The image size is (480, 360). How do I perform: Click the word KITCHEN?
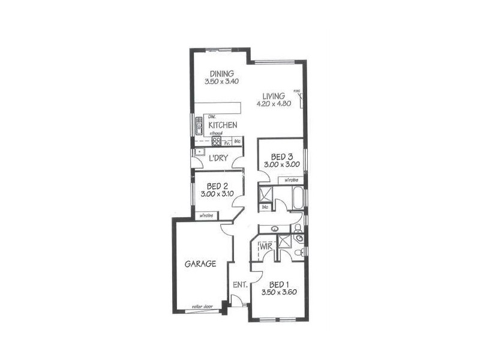pyautogui.click(x=223, y=125)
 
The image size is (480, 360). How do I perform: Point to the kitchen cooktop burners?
pyautogui.click(x=217, y=142)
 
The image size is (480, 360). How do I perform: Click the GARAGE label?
pyautogui.click(x=200, y=263)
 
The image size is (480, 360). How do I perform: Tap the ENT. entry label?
pyautogui.click(x=241, y=285)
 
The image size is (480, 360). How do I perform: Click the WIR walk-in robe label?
pyautogui.click(x=266, y=247)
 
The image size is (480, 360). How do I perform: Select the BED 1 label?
pyautogui.click(x=280, y=284)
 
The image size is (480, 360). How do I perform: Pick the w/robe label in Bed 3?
pyautogui.click(x=292, y=179)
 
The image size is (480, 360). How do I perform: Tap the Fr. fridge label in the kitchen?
pyautogui.click(x=227, y=143)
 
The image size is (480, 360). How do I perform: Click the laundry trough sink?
pyautogui.click(x=200, y=152)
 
